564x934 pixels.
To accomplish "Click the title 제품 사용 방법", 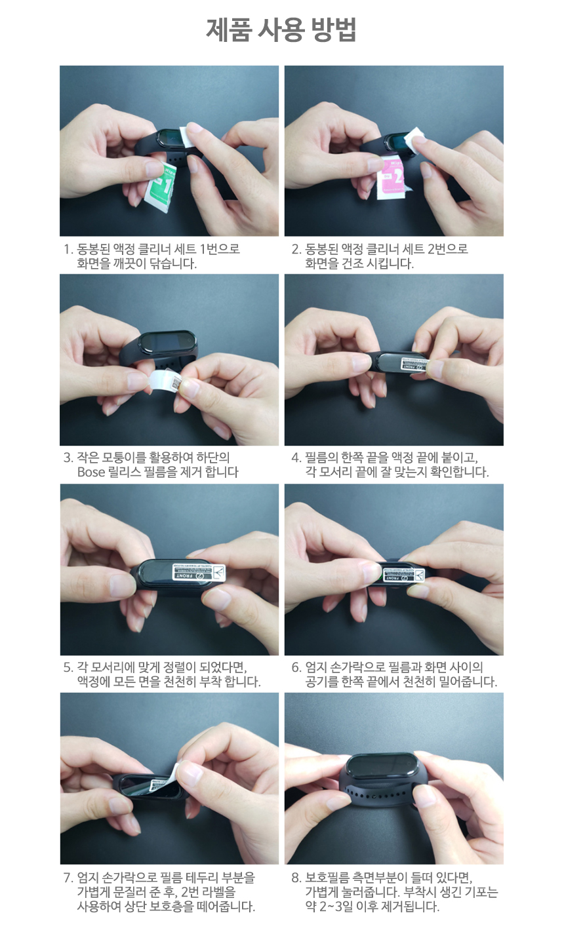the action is point(281,30).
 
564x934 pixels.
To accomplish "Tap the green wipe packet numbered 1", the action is point(161,187).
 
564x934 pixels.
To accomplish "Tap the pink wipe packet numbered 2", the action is point(392,177).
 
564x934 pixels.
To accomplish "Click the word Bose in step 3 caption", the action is point(91,473).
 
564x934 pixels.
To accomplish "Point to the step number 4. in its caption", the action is point(296,458).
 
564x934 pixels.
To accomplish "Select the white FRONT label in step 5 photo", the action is point(199,572).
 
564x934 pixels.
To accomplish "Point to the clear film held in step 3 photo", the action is point(164,381).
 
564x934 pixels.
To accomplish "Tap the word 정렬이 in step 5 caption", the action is point(180,667).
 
